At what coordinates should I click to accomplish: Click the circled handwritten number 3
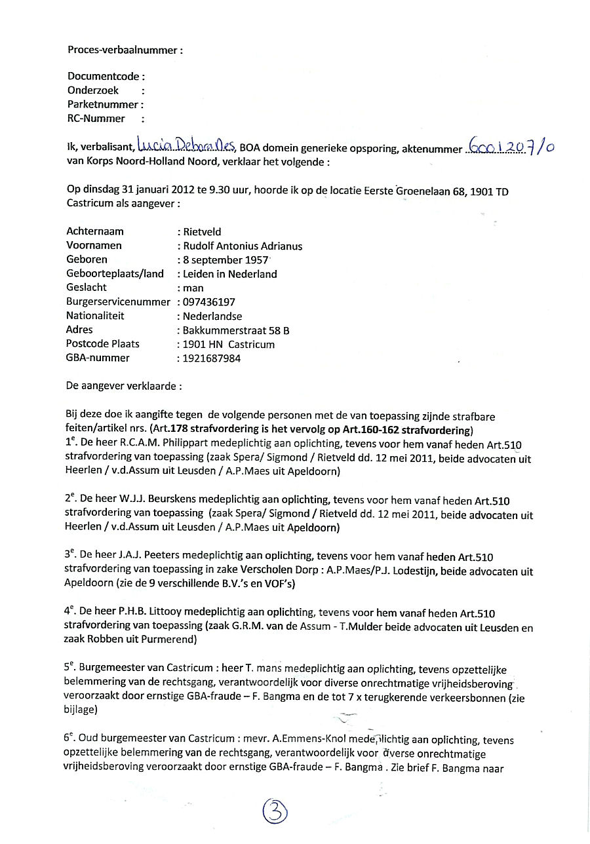click(x=275, y=813)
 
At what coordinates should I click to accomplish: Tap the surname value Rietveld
click(x=202, y=231)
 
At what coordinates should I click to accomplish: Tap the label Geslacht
click(x=87, y=288)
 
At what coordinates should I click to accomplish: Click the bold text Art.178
click(x=168, y=430)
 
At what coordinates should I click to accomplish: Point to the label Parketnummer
click(x=103, y=104)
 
